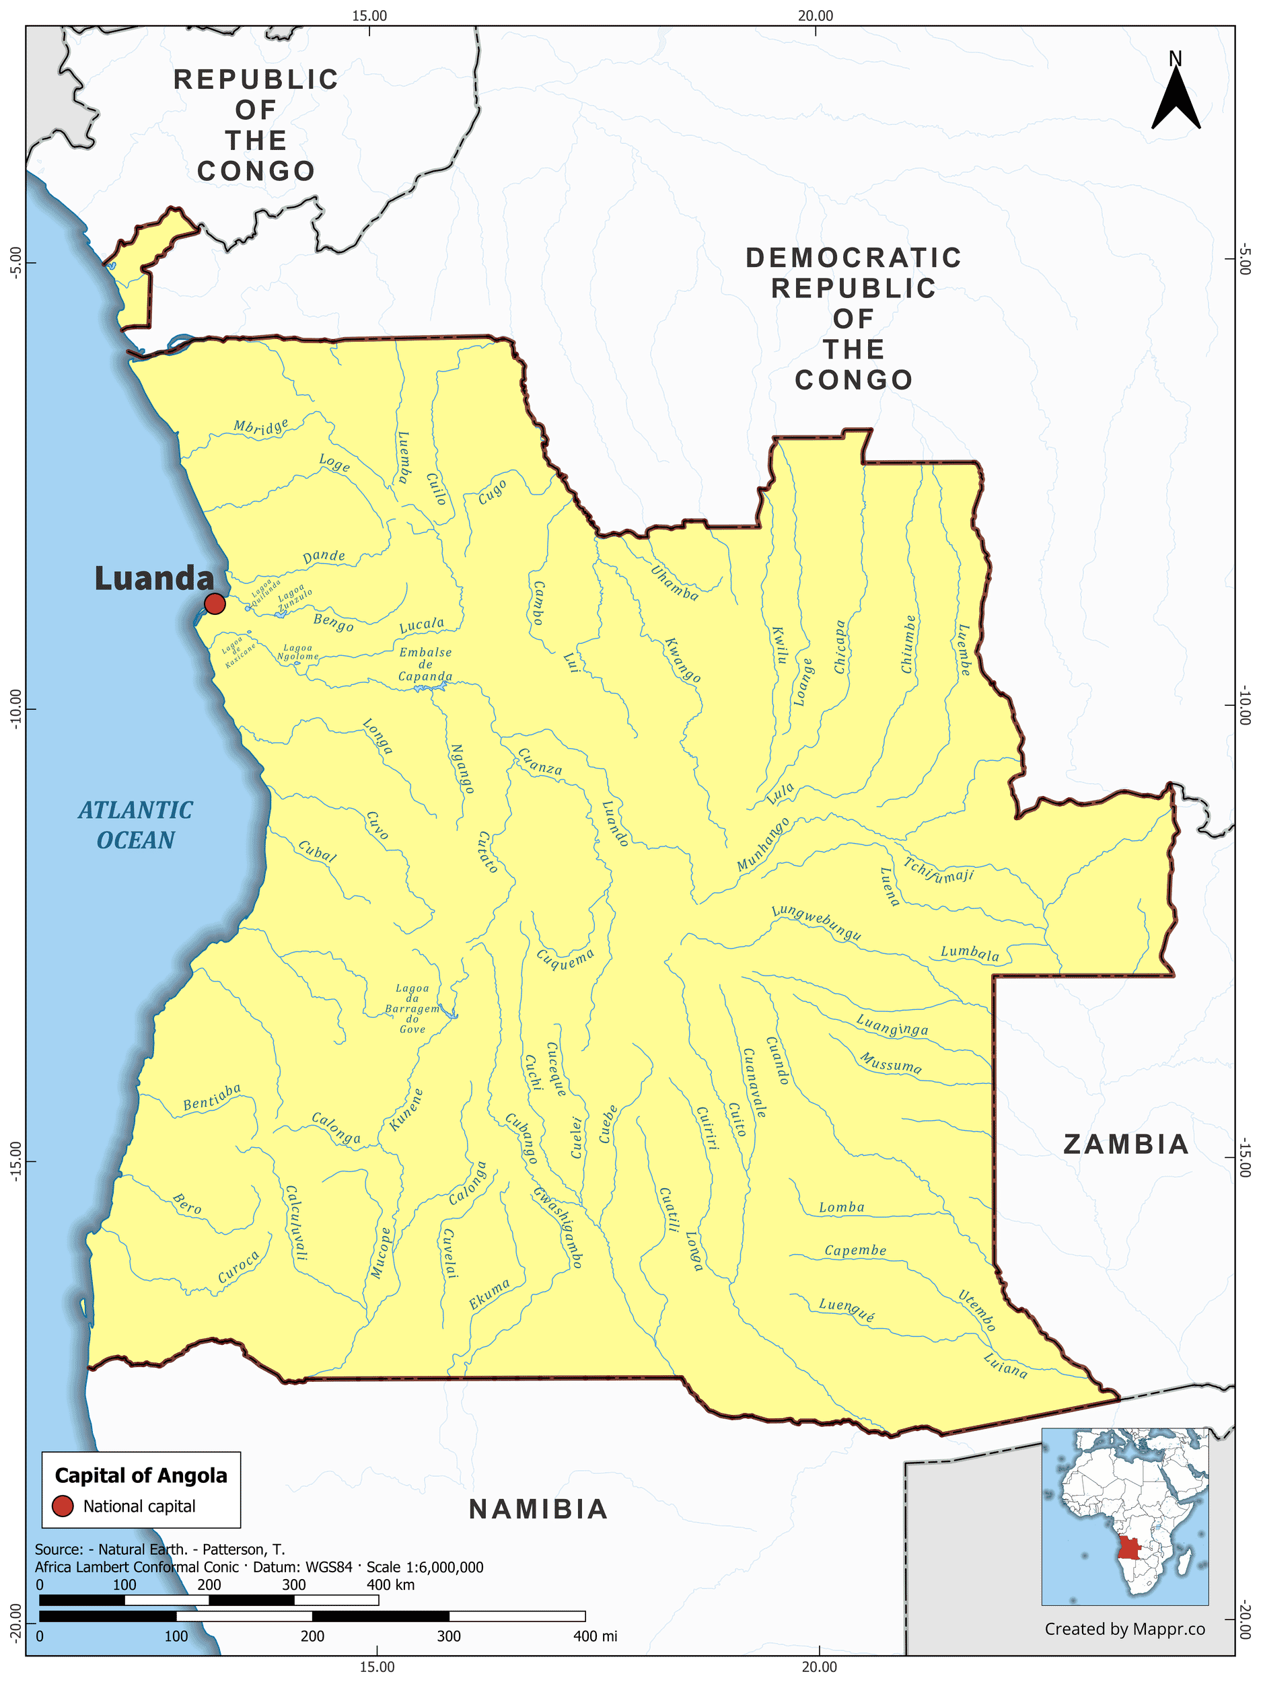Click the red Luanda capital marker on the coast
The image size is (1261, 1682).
[x=215, y=604]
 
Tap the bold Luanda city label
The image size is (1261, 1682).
[x=154, y=579]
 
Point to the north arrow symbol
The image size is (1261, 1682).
[x=1175, y=96]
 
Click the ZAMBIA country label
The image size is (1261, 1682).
[x=1126, y=1144]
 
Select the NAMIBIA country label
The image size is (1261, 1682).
[x=538, y=1509]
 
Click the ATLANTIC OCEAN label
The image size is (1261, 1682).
[x=135, y=825]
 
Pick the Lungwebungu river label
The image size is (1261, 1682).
[x=816, y=923]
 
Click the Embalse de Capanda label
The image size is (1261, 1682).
[x=425, y=665]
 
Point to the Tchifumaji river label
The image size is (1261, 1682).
[x=939, y=870]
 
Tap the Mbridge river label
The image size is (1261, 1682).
[x=261, y=427]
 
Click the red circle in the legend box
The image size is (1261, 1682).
[x=63, y=1506]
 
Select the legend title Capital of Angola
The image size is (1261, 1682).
[x=141, y=1476]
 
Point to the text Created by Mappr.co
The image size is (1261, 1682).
[x=1124, y=1628]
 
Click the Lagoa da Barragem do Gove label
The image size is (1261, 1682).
[x=412, y=1009]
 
